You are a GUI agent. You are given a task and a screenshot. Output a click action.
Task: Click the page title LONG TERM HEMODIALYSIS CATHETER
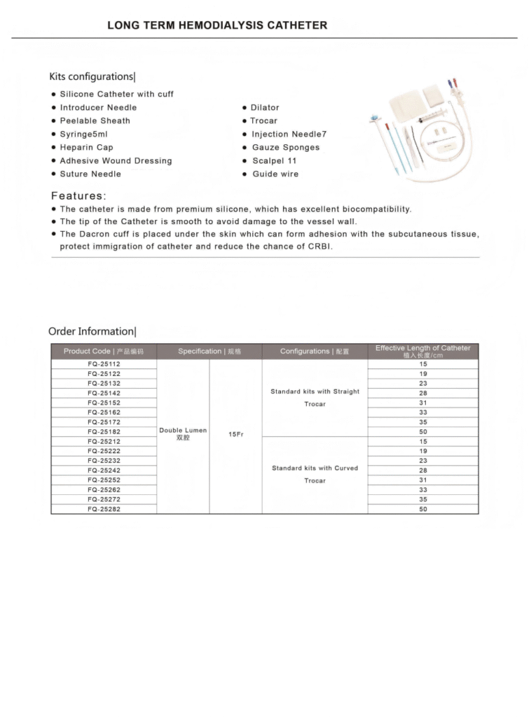tap(217, 25)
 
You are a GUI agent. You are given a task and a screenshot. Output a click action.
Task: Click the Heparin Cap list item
tap(86, 148)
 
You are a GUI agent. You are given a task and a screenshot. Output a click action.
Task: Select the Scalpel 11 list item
tap(275, 161)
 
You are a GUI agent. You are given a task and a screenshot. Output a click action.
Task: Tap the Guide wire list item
tap(275, 174)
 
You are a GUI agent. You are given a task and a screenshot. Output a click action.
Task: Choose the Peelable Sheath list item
tap(95, 121)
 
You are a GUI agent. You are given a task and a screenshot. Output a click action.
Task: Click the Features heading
tap(78, 196)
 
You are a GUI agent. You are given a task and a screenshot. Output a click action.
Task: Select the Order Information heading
tap(91, 331)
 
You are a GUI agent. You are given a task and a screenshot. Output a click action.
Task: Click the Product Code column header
tap(104, 351)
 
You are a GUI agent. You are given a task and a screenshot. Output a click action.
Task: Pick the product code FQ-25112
tap(104, 364)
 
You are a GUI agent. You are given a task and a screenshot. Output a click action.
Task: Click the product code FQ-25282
tap(104, 509)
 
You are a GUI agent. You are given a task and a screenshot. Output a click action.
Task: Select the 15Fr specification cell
tap(235, 435)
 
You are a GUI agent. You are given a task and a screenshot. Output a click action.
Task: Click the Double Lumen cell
tap(183, 433)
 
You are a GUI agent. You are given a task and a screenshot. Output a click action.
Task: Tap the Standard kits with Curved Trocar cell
tap(315, 474)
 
